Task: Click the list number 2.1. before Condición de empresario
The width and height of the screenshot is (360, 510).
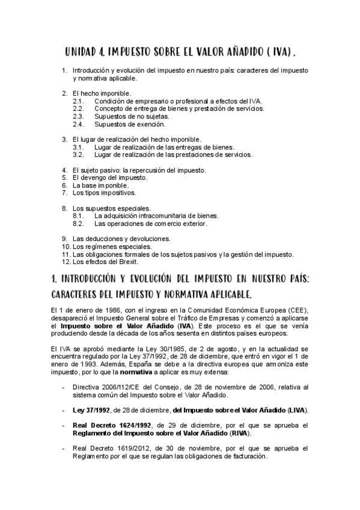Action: (x=78, y=101)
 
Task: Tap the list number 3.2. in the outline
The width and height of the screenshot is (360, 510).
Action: (x=78, y=155)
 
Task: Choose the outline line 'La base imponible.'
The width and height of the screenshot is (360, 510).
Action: (x=100, y=186)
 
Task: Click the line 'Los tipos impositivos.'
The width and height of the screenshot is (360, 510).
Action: (x=104, y=193)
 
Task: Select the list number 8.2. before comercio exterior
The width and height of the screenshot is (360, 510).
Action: (x=78, y=223)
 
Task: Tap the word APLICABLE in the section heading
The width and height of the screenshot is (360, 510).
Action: (x=226, y=294)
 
